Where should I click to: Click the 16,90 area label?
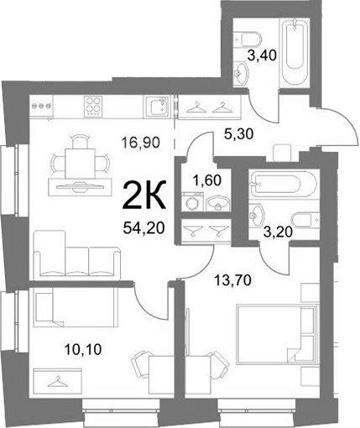click(x=141, y=143)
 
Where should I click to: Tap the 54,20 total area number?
click(x=143, y=228)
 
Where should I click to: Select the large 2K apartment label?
click(x=143, y=196)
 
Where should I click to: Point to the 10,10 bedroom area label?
click(x=83, y=349)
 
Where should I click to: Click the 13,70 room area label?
click(x=232, y=280)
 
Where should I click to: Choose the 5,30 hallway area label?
click(x=238, y=133)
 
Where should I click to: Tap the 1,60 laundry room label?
click(x=207, y=180)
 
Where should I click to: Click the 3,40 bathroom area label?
click(x=263, y=55)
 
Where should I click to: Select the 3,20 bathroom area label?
click(x=279, y=232)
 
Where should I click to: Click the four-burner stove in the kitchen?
click(x=92, y=107)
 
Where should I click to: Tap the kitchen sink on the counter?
click(x=157, y=105)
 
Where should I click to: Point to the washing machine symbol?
click(x=193, y=201)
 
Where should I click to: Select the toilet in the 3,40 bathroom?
click(x=247, y=39)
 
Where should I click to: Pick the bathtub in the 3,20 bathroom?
click(x=276, y=184)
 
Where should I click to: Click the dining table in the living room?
click(x=80, y=164)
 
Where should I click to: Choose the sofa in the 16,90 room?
click(x=77, y=254)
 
